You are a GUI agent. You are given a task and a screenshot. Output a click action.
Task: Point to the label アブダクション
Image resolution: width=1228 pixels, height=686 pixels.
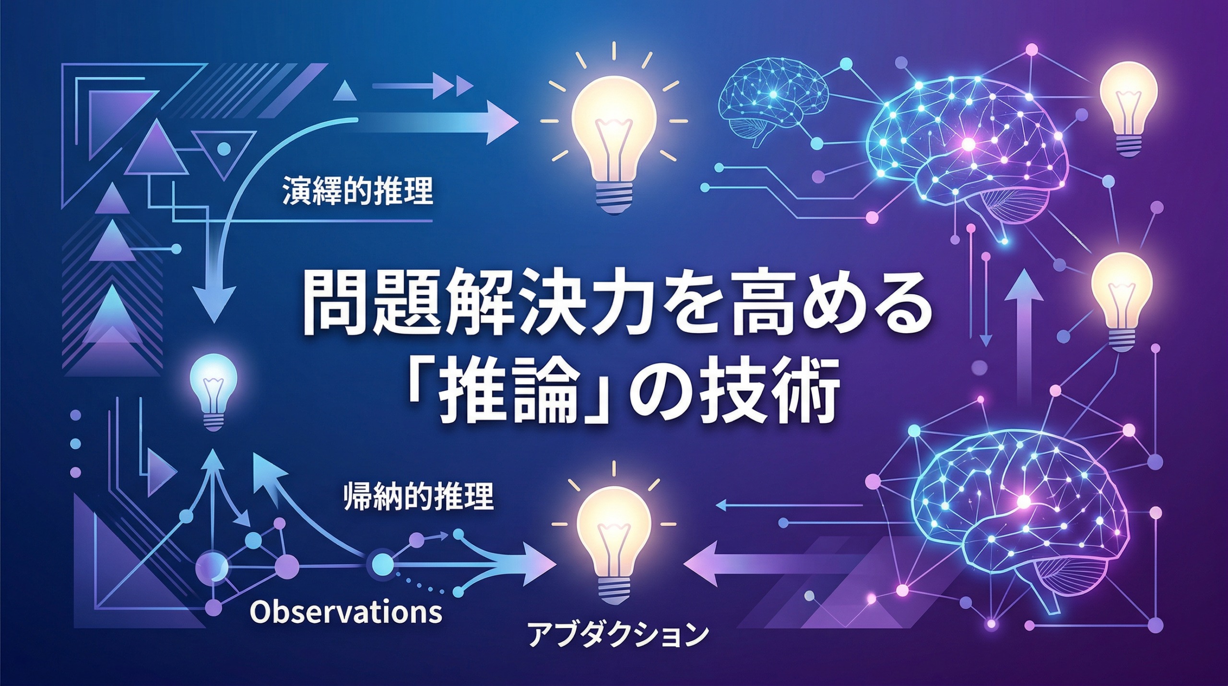coord(618,635)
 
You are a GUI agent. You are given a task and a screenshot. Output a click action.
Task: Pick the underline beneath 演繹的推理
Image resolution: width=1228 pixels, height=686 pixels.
coord(357,221)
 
